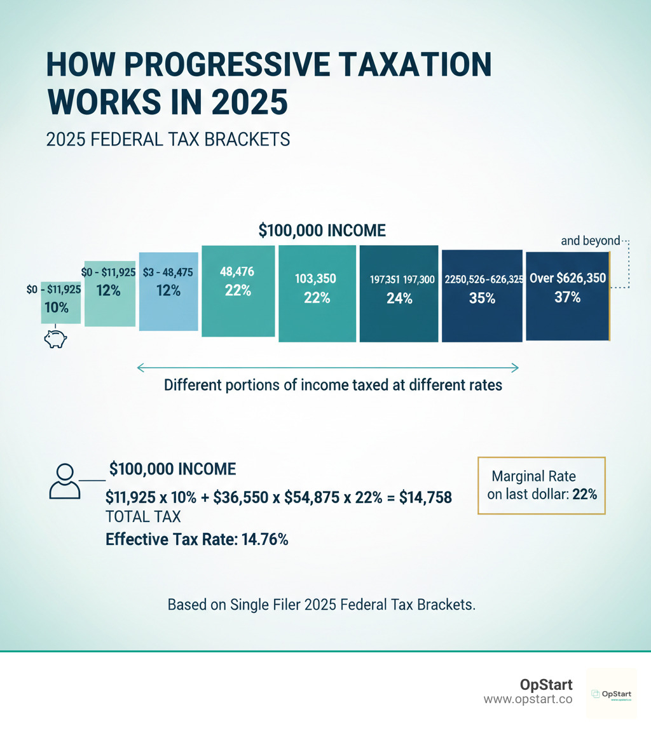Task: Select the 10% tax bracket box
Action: (61, 302)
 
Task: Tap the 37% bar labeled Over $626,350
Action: (567, 295)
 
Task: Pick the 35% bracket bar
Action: (482, 295)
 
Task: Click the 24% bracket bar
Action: (399, 294)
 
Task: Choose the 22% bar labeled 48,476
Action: (238, 291)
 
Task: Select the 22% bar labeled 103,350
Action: (316, 294)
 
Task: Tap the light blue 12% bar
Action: (168, 296)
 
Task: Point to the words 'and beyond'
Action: (591, 241)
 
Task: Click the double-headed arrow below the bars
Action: (328, 366)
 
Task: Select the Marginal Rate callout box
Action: (541, 485)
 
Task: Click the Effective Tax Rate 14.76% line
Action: (197, 540)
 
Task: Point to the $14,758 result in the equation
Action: (425, 497)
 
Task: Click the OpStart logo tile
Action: (611, 694)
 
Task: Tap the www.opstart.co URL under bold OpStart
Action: (528, 699)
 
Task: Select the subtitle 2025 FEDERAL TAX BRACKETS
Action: (168, 140)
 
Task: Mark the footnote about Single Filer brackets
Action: (321, 605)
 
